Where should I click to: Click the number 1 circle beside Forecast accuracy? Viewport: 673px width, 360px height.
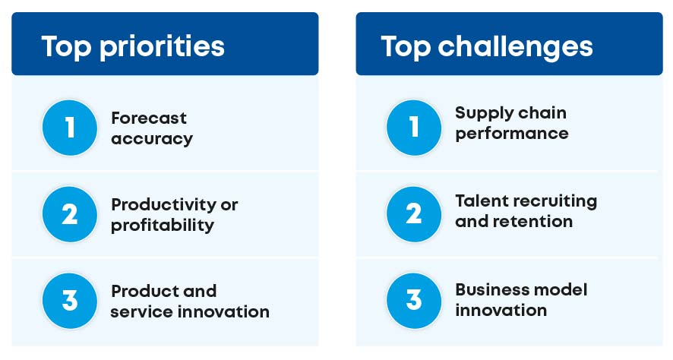pos(70,128)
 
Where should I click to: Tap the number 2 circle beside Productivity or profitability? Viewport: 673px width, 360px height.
pos(70,214)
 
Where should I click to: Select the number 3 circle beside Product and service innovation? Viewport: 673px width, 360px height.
pos(70,300)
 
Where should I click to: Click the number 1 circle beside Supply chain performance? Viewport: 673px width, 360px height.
pos(414,128)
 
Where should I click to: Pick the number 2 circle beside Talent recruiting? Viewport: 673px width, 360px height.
pos(414,214)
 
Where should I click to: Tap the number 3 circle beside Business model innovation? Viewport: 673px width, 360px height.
pos(414,300)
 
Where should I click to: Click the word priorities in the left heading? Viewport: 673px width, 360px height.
pos(162,47)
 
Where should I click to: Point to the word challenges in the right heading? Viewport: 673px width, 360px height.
pos(515,47)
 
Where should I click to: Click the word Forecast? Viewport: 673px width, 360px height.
pos(149,118)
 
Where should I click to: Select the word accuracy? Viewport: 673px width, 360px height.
pos(152,139)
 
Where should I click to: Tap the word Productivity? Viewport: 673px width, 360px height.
pos(163,205)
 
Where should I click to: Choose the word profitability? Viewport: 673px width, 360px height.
pos(163,226)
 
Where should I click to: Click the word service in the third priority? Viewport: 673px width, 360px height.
pos(137,311)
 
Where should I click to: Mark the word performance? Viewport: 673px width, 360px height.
pos(512,134)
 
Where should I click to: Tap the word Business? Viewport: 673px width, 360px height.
pos(488,289)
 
